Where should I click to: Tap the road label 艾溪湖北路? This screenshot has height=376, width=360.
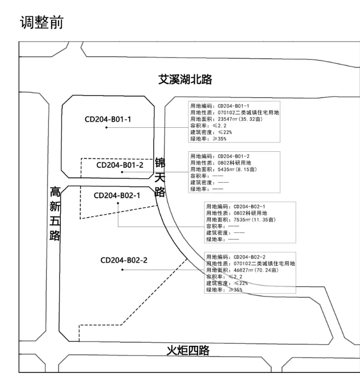click(x=185, y=80)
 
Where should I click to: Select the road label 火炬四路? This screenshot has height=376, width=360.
click(x=188, y=350)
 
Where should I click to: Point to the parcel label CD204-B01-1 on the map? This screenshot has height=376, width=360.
click(x=108, y=119)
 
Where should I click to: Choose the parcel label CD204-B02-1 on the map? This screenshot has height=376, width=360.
click(x=117, y=195)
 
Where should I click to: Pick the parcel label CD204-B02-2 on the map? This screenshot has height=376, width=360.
click(x=124, y=260)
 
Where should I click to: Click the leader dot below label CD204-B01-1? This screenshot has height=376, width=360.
click(x=106, y=127)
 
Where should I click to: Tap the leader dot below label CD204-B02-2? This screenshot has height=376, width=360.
click(x=122, y=269)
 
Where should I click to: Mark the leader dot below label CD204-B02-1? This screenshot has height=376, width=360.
click(x=118, y=203)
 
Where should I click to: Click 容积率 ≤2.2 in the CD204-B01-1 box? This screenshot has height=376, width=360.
click(x=208, y=125)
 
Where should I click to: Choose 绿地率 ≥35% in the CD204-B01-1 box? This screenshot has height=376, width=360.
click(x=208, y=138)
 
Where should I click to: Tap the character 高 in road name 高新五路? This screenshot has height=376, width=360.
click(x=55, y=193)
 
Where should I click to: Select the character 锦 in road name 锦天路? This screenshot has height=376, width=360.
click(x=160, y=163)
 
